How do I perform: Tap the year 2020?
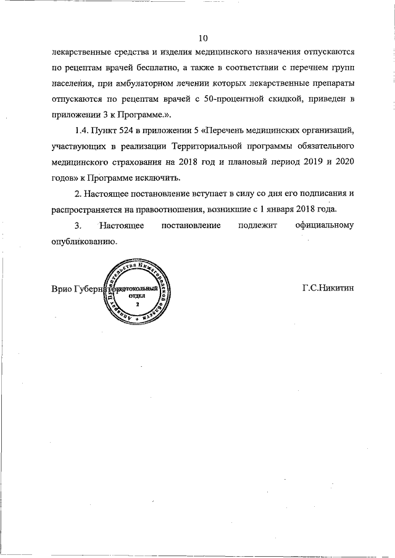click(342, 163)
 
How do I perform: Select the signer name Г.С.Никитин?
click(328, 289)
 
